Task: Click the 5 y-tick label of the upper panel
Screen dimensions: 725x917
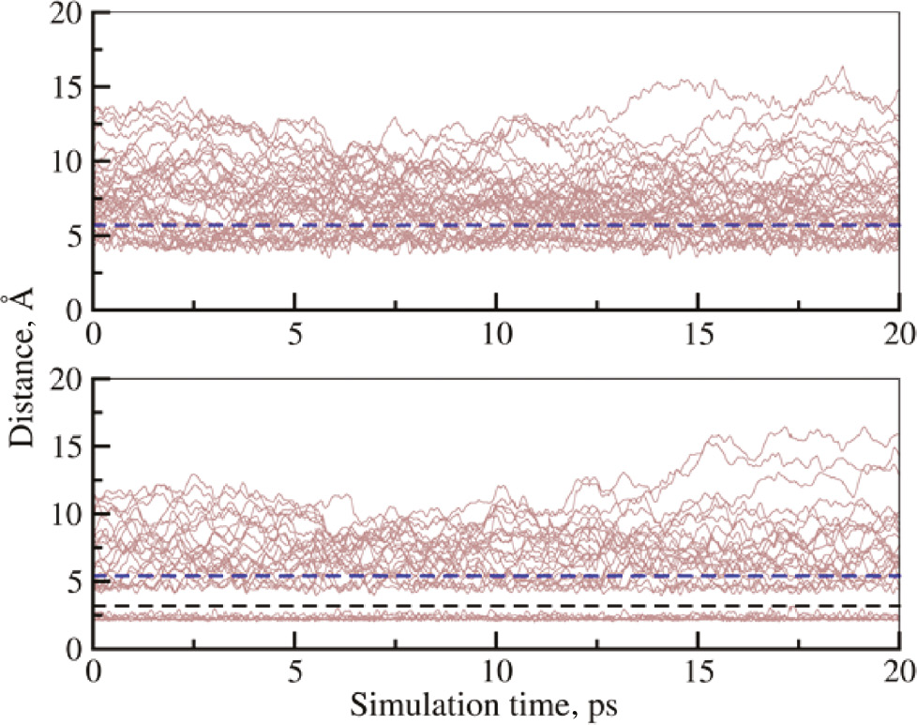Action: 70,235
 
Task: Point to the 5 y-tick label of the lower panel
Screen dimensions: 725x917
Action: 70,582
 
